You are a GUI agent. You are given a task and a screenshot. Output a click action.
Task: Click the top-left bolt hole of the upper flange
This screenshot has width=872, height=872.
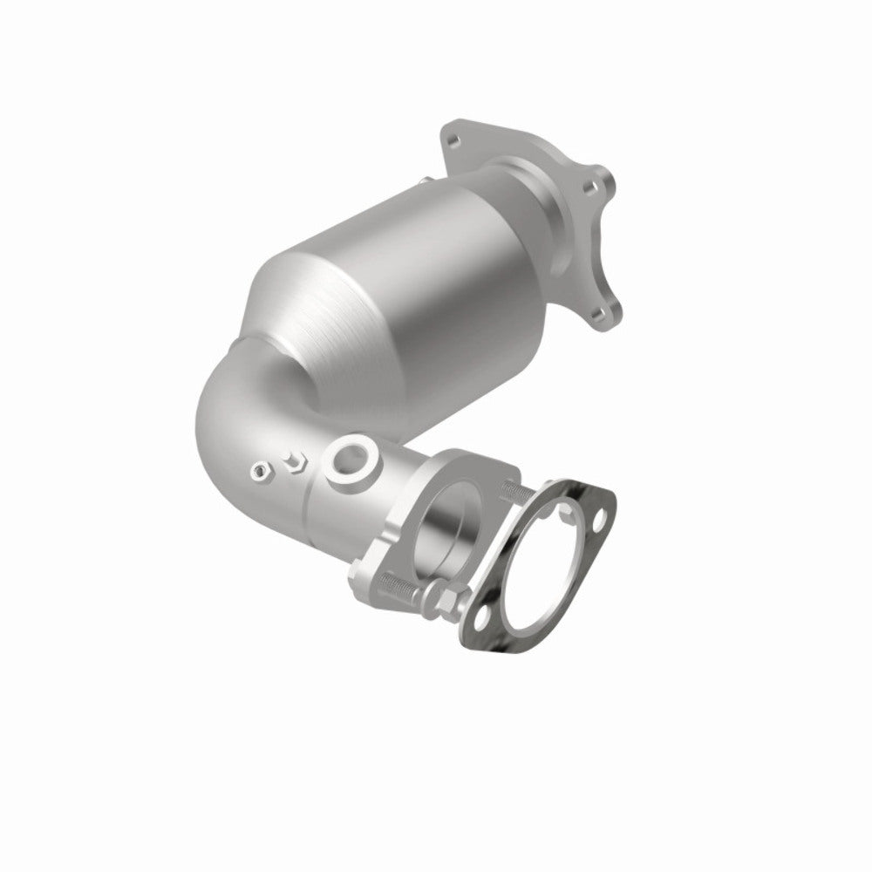(451, 137)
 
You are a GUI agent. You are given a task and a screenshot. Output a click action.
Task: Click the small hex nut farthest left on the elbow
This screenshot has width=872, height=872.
(257, 472)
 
